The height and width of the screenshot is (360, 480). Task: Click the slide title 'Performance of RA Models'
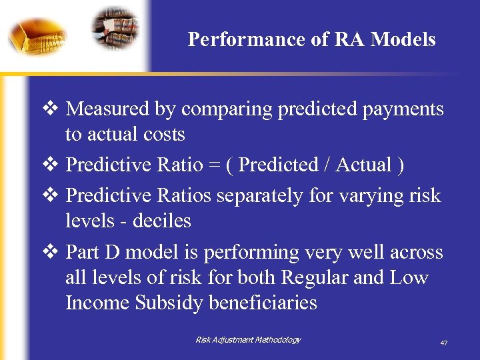(311, 39)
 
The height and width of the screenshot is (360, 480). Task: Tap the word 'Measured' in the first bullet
(109, 109)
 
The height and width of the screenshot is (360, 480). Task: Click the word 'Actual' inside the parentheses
(363, 165)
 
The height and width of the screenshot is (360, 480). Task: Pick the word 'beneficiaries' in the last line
(263, 303)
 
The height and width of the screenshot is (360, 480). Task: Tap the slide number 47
(443, 343)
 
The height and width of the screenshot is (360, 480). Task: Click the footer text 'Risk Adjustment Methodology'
(248, 340)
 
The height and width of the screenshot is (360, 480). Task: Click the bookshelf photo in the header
(115, 28)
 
